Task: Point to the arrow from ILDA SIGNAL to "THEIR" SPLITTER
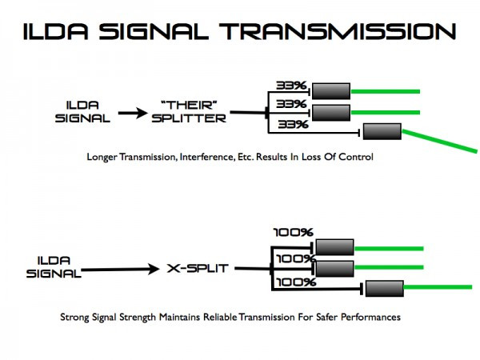click(x=134, y=113)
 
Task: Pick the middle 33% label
click(x=290, y=103)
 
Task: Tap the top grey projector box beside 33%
click(x=331, y=90)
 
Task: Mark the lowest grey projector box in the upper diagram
click(x=382, y=131)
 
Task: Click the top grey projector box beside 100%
click(x=334, y=247)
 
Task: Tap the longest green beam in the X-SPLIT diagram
click(x=439, y=286)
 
